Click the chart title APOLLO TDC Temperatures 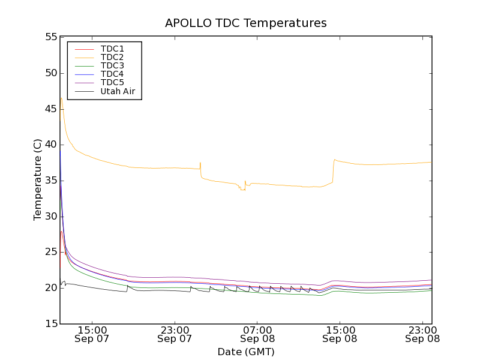tap(246, 23)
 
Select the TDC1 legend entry tap(112, 48)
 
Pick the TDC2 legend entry tap(112, 57)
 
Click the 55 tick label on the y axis tap(50, 37)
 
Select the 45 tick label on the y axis tap(50, 109)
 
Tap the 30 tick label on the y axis tap(50, 217)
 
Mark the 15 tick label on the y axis tap(50, 324)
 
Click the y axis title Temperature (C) tap(38, 180)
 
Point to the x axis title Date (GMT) tap(246, 352)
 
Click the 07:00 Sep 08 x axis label tap(257, 334)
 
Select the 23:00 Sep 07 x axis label tap(175, 334)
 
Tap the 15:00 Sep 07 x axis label tap(92, 334)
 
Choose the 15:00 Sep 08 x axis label tap(340, 334)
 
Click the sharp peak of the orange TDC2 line tap(61, 98)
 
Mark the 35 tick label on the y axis tap(50, 181)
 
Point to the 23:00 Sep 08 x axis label tap(422, 334)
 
